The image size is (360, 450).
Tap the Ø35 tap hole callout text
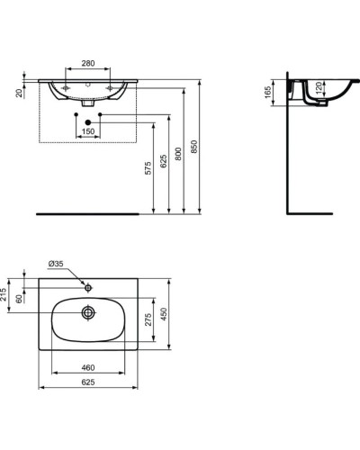[56, 264]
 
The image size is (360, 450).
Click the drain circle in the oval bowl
[88, 313]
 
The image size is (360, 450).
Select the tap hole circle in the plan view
[88, 287]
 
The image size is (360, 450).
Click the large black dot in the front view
[88, 121]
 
